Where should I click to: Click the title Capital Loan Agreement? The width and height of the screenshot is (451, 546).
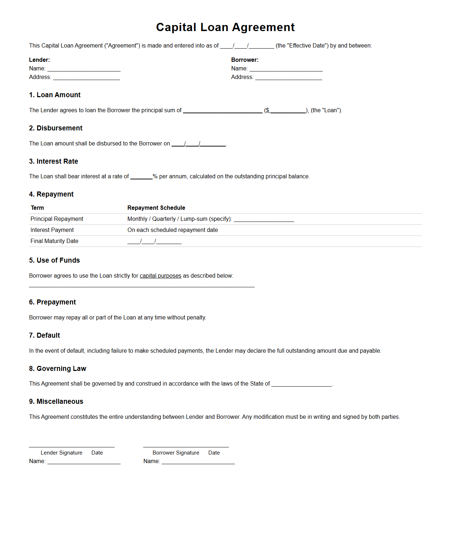[225, 27]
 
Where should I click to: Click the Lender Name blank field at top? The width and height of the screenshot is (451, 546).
[84, 69]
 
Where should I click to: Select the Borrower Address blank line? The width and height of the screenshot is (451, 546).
[289, 77]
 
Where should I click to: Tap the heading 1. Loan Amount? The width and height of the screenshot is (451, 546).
[55, 95]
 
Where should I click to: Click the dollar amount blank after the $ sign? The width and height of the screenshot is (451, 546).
[288, 110]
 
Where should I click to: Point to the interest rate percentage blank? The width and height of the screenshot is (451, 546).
[141, 177]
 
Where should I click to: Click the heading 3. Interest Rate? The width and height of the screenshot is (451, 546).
[54, 161]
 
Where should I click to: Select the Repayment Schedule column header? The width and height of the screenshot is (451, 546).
[156, 208]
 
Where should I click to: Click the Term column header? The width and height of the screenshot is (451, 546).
[37, 208]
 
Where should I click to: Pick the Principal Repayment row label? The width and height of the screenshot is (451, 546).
[57, 219]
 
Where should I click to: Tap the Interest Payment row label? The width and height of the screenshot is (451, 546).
[52, 230]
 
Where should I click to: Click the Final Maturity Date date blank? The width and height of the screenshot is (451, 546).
[154, 241]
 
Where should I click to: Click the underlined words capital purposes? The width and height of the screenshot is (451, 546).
[160, 276]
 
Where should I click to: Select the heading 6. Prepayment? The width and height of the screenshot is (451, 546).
[52, 302]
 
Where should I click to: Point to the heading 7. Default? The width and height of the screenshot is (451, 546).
[45, 335]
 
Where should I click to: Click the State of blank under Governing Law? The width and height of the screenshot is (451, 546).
[301, 384]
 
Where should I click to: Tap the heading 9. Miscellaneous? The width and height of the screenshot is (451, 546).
[56, 401]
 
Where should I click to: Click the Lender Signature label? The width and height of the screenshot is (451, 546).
[61, 453]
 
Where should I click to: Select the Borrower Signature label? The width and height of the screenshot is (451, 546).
[176, 453]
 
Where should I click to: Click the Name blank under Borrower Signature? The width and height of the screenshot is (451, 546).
[198, 461]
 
